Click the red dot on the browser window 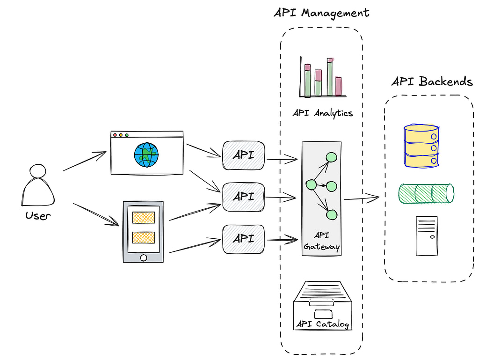[115, 135]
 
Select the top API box [243, 155]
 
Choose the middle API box [243, 197]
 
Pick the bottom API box [243, 239]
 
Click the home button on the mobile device [144, 257]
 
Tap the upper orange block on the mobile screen [144, 217]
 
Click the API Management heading [321, 13]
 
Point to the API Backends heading [431, 81]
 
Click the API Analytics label [322, 113]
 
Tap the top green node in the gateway [332, 158]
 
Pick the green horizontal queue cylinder [426, 193]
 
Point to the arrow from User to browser [85, 161]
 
